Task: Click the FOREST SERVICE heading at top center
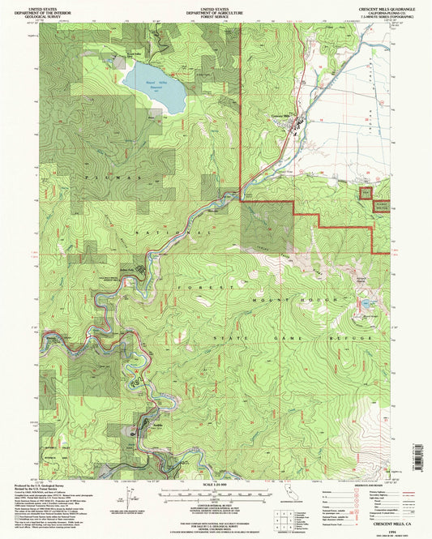[x=216, y=14]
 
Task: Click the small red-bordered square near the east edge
[x=366, y=193]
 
